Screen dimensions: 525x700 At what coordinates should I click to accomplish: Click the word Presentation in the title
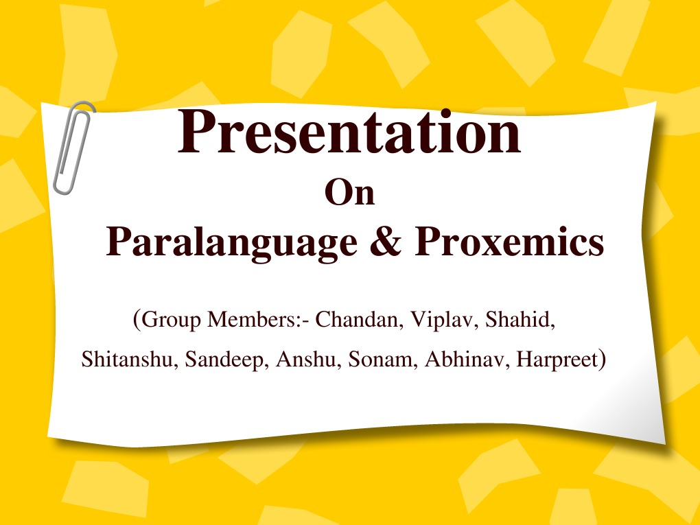point(349,133)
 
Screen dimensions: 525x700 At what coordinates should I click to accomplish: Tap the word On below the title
point(349,193)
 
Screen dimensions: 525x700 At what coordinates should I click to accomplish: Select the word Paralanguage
point(231,243)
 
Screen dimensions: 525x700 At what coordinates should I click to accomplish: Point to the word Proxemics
point(509,243)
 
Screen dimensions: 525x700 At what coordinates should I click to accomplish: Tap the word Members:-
point(258,320)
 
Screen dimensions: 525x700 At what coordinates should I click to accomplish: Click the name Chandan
point(358,320)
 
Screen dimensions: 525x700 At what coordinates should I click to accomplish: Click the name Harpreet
point(555,360)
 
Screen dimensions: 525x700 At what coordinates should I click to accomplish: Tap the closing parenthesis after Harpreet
point(601,359)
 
